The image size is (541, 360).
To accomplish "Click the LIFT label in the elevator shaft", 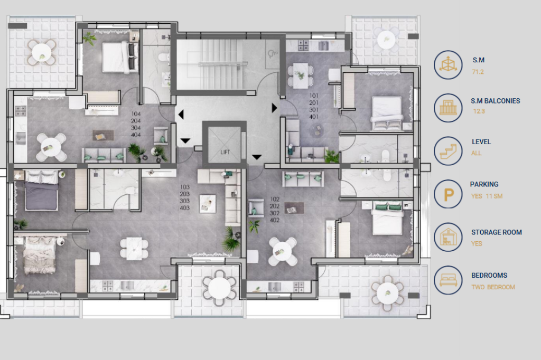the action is coord(225,152).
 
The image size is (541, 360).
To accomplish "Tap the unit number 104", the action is coord(136,114).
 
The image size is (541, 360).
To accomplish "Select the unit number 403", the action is coord(184,208).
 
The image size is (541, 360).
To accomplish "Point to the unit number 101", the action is coord(314,96).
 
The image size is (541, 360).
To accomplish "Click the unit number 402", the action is coord(275,220).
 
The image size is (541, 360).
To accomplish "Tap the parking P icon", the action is coord(448,194).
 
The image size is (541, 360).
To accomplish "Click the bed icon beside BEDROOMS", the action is coord(448,280).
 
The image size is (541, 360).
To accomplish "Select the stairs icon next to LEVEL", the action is coord(448,151).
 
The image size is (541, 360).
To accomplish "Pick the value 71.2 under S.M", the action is coord(478,72).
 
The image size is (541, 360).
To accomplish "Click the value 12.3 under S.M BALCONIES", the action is coord(479,111).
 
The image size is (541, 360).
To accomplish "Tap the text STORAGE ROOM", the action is coord(497,232).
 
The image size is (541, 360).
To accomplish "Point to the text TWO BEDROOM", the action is coord(493,287).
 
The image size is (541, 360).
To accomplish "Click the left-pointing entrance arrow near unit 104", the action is coord(181,114).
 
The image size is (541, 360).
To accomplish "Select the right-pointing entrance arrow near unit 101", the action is coord(274,108).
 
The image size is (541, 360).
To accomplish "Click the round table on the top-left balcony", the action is coord(42,53).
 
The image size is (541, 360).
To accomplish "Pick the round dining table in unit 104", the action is coord(51,147).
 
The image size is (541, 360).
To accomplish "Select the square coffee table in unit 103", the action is coord(208,203).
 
